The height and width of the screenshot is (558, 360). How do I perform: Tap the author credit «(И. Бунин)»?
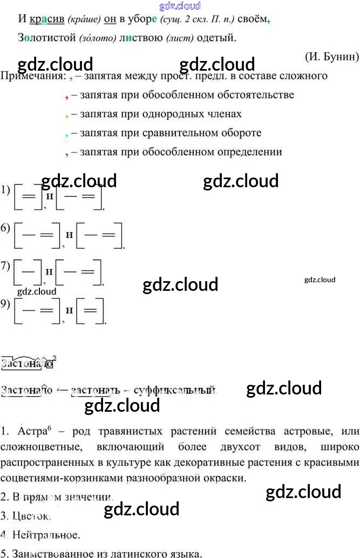(x=331, y=56)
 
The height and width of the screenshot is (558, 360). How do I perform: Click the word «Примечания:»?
(x=31, y=76)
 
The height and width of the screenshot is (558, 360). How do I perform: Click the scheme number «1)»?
(x=6, y=189)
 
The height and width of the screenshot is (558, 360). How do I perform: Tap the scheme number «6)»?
(x=6, y=228)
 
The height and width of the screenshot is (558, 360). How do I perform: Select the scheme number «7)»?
(x=6, y=266)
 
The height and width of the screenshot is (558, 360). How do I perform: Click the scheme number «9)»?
(x=6, y=304)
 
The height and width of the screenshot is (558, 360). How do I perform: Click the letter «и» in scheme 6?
(x=69, y=235)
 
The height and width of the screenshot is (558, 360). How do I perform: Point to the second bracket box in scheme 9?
(x=91, y=311)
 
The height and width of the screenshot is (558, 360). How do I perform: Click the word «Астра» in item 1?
(x=31, y=432)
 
